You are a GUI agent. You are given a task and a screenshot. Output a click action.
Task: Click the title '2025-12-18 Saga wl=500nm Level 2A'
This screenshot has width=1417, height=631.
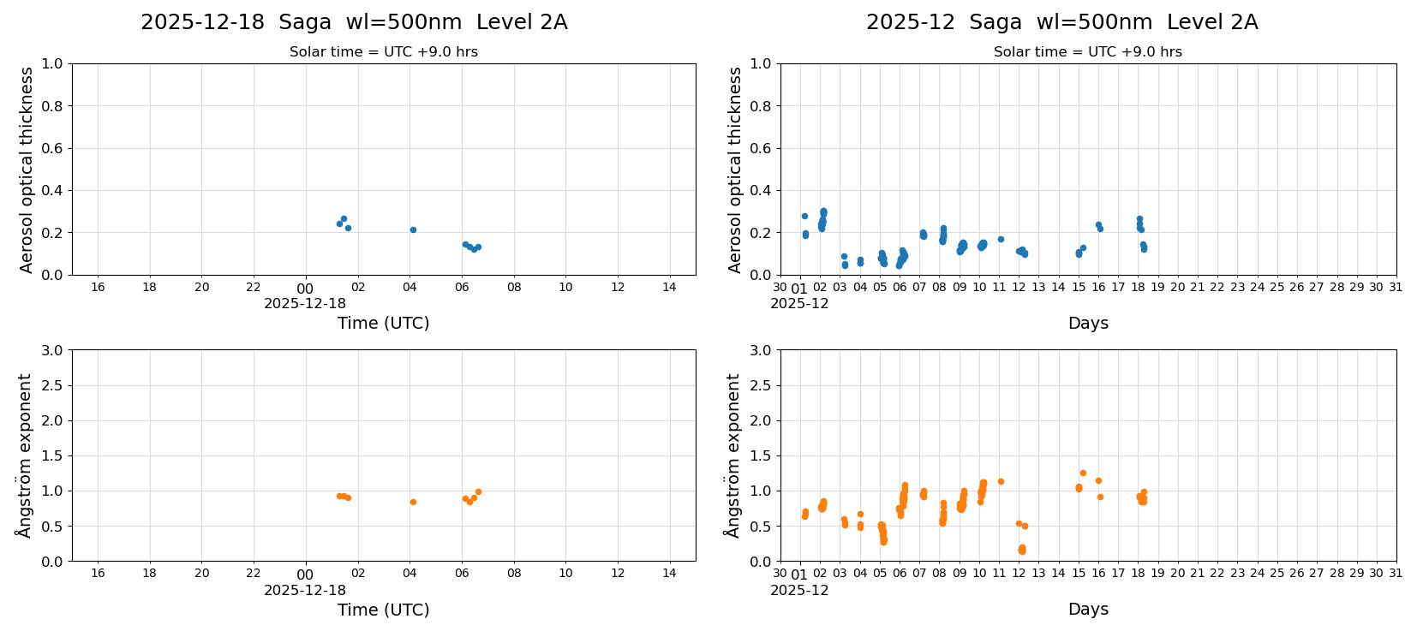click(354, 22)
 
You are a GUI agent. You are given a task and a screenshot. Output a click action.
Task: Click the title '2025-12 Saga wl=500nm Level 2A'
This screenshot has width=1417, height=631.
click(1061, 22)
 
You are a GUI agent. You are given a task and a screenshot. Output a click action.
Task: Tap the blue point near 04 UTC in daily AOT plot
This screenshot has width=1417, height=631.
click(413, 229)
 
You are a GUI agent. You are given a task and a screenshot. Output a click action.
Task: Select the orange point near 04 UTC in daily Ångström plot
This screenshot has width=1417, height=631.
click(413, 502)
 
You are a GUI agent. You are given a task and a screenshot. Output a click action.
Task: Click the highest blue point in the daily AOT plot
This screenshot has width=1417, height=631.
click(344, 218)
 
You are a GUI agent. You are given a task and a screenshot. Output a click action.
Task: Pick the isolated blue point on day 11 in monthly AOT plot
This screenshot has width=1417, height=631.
click(1001, 239)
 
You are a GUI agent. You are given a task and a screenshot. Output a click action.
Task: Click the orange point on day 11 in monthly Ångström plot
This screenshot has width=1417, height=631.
click(1001, 481)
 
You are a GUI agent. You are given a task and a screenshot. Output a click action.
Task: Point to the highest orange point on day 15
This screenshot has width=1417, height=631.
click(1083, 473)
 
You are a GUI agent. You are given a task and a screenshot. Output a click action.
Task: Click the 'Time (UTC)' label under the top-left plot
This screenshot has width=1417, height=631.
click(383, 323)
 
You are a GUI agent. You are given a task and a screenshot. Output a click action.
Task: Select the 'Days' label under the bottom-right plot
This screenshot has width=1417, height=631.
click(1088, 609)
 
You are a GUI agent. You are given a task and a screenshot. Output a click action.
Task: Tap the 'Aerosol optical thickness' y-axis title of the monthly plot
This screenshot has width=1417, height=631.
click(735, 170)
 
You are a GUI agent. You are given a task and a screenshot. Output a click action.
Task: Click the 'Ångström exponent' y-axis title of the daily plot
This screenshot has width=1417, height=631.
click(25, 455)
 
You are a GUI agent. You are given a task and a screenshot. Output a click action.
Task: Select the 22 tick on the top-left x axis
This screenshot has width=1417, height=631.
click(254, 287)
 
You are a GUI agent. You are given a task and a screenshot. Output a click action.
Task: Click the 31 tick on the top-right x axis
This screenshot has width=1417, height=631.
click(1396, 287)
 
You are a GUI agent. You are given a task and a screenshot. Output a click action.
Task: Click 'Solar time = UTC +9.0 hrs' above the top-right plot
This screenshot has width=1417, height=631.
click(1087, 51)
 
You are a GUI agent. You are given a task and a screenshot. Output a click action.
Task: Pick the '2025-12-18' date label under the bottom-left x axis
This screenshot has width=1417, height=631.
click(305, 590)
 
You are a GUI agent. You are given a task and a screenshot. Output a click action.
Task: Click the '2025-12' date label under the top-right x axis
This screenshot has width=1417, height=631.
click(799, 303)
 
